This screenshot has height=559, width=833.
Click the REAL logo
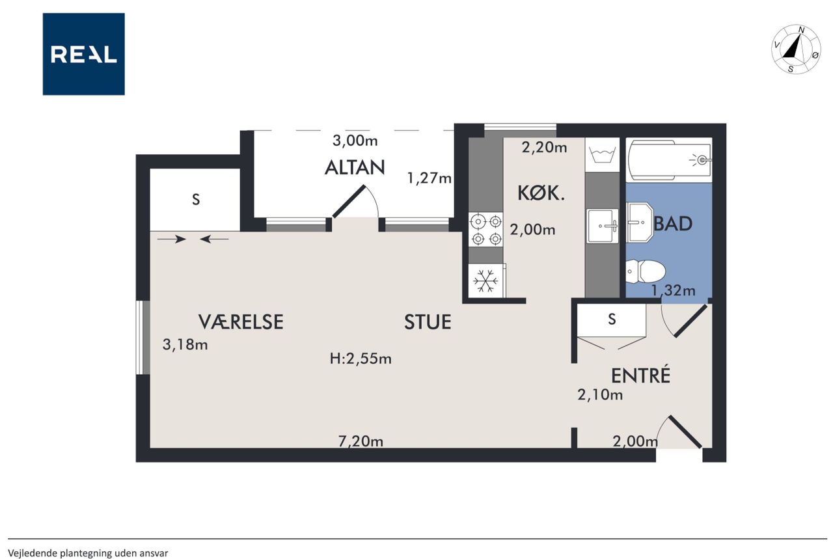click(x=84, y=54)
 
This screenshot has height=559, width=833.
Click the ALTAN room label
click(x=355, y=168)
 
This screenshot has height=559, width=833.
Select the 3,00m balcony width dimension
click(x=355, y=141)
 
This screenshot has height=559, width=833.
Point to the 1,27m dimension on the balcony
click(x=430, y=178)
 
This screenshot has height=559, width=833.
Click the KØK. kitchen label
click(x=541, y=193)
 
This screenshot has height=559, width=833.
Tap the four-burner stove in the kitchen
click(x=485, y=230)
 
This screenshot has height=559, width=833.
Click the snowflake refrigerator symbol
click(x=485, y=281)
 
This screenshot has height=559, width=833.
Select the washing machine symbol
click(x=603, y=155)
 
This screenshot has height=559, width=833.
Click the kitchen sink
click(x=603, y=226)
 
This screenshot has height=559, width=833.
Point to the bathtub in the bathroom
click(x=669, y=160)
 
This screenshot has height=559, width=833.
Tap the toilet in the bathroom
click(x=645, y=271)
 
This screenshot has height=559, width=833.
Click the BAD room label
click(x=673, y=224)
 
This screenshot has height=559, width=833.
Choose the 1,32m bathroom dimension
click(x=673, y=290)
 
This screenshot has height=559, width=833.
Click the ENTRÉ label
click(x=641, y=375)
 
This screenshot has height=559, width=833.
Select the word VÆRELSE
click(x=241, y=322)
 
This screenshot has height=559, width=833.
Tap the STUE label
click(x=428, y=322)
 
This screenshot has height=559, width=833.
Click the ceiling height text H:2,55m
click(x=361, y=359)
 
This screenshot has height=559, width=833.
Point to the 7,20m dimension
click(x=361, y=441)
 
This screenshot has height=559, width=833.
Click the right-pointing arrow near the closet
click(x=171, y=239)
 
